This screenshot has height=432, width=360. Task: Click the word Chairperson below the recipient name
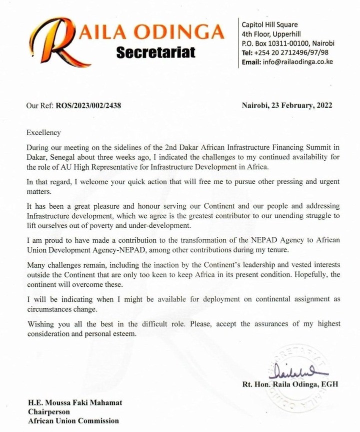[43, 412]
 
